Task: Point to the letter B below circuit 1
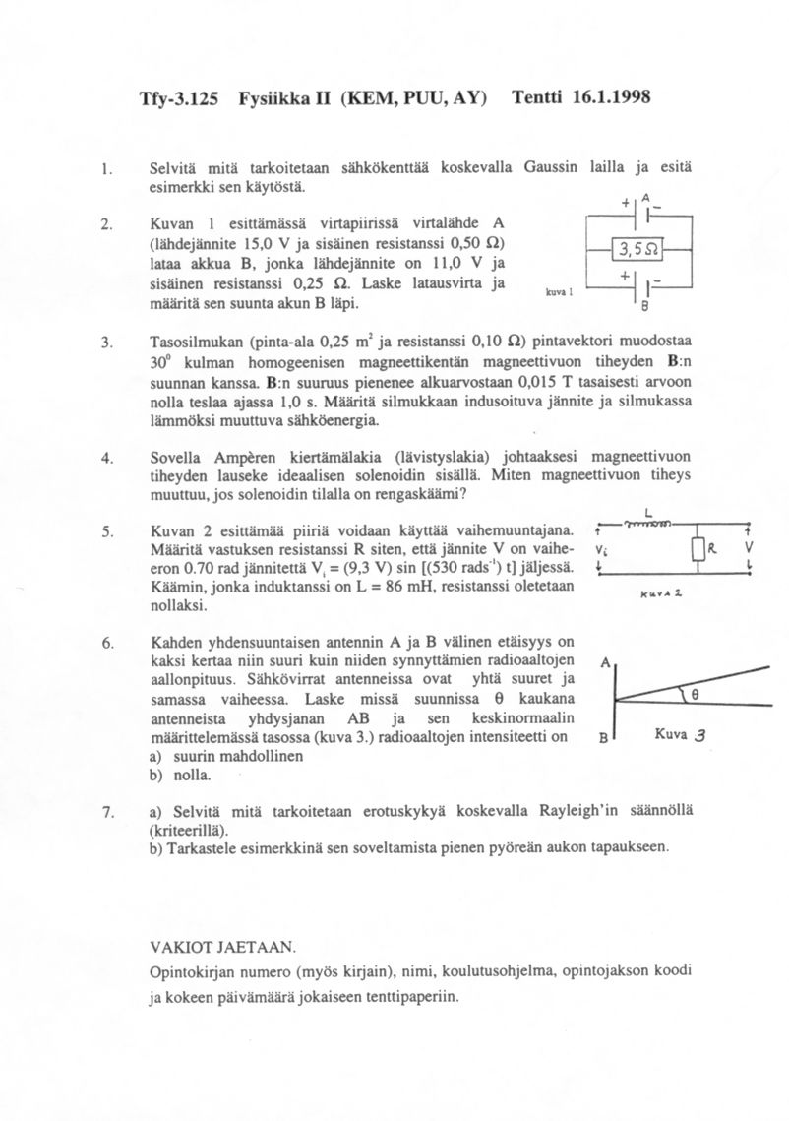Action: [643, 306]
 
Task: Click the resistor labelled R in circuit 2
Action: [699, 547]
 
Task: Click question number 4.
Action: [106, 458]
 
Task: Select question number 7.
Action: [106, 812]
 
